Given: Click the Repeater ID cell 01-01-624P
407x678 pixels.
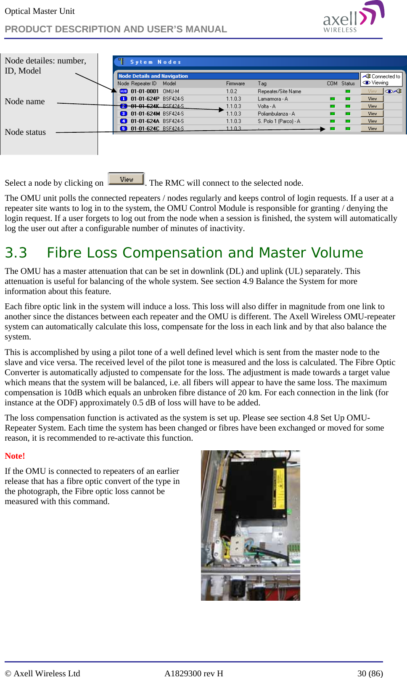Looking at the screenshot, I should coord(145,99).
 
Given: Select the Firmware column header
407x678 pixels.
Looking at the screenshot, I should coord(235,84).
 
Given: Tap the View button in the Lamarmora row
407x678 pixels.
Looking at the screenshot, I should coord(372,99).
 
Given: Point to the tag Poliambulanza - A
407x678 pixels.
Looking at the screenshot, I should coord(276,114).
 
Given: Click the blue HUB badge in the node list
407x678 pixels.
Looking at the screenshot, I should coord(124,91).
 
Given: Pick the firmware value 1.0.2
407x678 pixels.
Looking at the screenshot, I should coord(231,91).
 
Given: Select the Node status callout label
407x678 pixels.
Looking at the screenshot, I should coord(25,132).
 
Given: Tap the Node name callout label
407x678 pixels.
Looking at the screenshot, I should coord(25,101).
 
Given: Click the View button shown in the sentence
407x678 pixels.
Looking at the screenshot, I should coord(126,179).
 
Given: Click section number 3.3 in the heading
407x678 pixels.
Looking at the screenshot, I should coord(16,252).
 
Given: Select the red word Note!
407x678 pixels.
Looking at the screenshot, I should coord(15,456).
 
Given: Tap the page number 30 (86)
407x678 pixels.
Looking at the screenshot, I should coord(370,673).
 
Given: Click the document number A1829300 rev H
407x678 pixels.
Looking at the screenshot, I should coord(193,673).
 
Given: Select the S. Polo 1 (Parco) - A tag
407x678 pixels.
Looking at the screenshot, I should coord(279,121).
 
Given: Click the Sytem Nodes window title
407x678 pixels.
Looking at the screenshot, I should coord(155,62).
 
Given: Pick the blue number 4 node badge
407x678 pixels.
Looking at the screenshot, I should coord(124,121).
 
